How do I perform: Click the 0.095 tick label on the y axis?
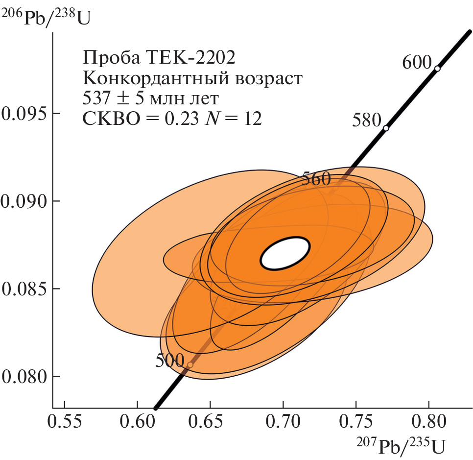(x=24, y=114)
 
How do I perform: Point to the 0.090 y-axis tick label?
(x=24, y=201)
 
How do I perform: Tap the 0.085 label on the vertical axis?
(x=24, y=289)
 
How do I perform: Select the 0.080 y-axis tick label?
(x=24, y=377)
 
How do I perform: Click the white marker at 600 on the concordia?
(x=437, y=69)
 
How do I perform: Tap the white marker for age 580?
(x=386, y=128)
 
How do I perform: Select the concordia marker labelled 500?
(x=190, y=364)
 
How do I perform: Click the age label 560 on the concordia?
(x=316, y=179)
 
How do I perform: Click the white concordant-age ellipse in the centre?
(x=285, y=253)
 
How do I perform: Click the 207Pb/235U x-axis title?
(x=401, y=445)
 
